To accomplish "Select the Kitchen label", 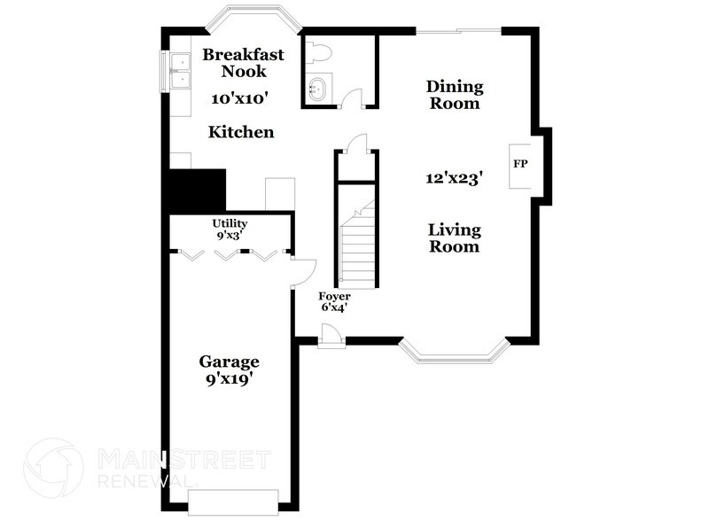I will [x=240, y=133].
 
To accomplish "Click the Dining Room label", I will [x=454, y=95].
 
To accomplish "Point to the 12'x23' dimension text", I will [x=453, y=178].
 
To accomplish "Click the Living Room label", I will [x=454, y=238].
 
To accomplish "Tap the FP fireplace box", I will [x=520, y=165].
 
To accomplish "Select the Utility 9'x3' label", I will [x=229, y=229].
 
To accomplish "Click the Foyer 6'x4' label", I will [x=334, y=302].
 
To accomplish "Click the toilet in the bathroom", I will [x=318, y=52].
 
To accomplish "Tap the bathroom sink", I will [x=316, y=89].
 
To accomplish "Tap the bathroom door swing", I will [x=353, y=98].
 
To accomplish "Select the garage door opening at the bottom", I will [x=235, y=500].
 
